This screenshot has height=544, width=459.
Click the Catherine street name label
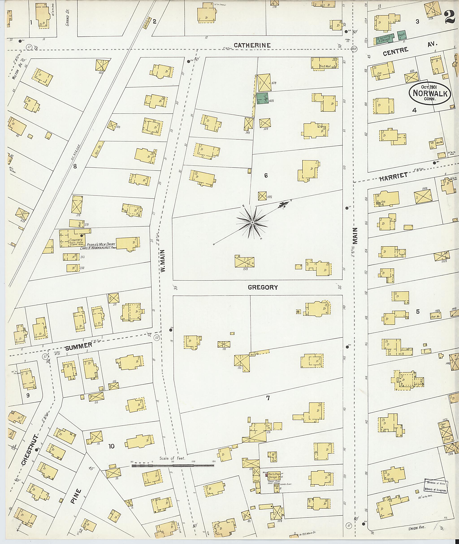[x=252, y=45]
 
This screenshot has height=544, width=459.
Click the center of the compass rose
[x=252, y=223]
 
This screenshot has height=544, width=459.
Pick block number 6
[x=266, y=176]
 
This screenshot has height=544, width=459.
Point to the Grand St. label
[x=67, y=20]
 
